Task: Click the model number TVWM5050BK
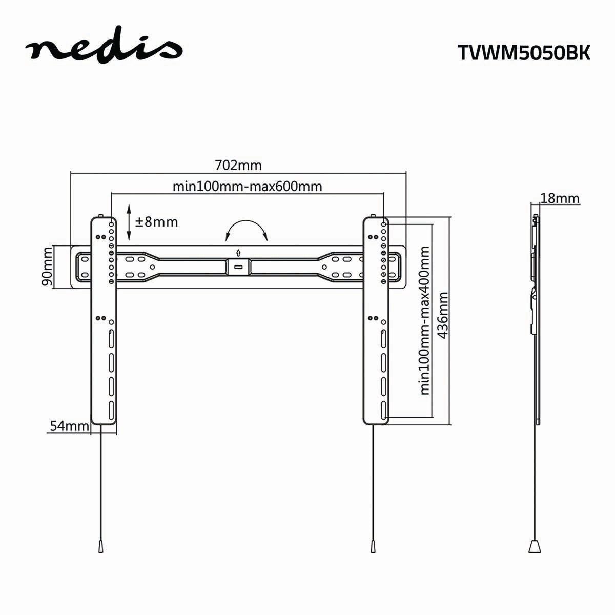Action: click(523, 53)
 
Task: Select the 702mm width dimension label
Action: click(238, 166)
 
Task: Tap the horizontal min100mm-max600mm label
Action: click(247, 186)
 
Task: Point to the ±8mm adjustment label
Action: click(156, 222)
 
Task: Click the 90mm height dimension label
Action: click(47, 266)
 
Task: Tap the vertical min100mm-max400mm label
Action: click(424, 320)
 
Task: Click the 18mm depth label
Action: click(560, 198)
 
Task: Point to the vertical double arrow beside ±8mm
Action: click(129, 222)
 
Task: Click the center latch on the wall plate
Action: click(238, 266)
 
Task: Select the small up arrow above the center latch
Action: click(238, 252)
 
